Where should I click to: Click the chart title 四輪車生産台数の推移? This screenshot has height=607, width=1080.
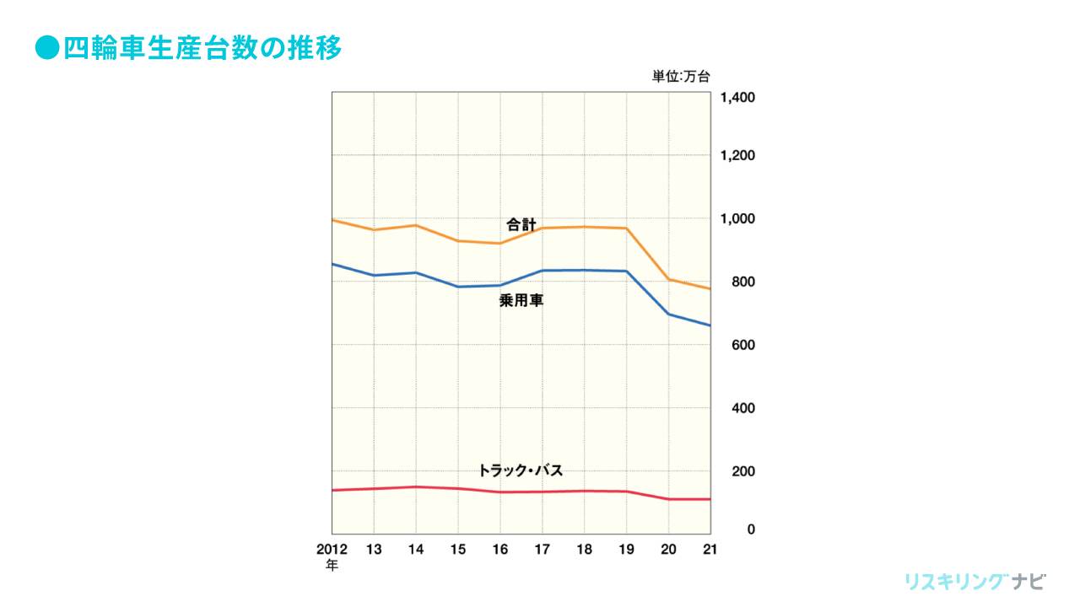[202, 48]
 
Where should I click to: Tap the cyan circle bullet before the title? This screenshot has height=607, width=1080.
[46, 48]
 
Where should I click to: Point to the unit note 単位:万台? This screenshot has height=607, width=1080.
[681, 77]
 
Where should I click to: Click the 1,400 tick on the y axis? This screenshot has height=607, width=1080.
[737, 98]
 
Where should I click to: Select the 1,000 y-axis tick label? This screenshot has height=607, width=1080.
[737, 219]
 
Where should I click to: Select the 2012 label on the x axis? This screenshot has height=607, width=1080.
[332, 549]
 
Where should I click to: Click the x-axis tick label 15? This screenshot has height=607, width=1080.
[458, 549]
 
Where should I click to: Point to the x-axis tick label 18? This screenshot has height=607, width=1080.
[584, 549]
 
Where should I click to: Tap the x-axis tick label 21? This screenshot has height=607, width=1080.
[710, 549]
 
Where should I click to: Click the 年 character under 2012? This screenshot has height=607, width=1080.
[332, 566]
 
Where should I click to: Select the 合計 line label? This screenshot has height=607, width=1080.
[521, 225]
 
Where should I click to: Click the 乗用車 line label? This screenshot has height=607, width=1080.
[521, 300]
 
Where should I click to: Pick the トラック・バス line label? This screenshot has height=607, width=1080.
[520, 470]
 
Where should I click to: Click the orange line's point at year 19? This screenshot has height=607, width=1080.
[626, 228]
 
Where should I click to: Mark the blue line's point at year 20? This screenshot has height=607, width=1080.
[668, 314]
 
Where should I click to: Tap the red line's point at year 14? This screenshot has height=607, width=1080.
[416, 486]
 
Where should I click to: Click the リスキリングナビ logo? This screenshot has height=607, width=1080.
[975, 582]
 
